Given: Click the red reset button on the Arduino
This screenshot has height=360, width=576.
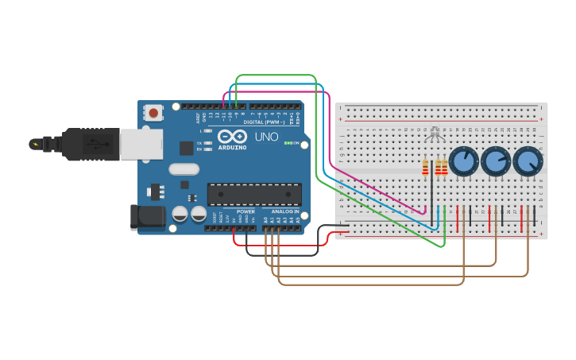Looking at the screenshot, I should (x=153, y=113).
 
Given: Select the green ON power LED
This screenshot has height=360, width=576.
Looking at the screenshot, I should (x=287, y=143).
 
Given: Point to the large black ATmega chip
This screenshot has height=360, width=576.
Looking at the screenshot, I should (x=254, y=194).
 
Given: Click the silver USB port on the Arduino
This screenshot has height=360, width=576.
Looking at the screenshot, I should (x=141, y=144).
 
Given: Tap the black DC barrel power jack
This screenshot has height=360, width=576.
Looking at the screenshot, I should (x=148, y=217).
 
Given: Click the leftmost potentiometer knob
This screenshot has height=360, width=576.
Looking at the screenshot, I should (x=462, y=161).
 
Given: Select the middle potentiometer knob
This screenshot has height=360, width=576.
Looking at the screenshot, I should (x=495, y=161).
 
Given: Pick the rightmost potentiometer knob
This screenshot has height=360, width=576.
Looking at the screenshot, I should (x=528, y=161).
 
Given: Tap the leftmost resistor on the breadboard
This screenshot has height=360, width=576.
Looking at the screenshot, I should (x=425, y=167).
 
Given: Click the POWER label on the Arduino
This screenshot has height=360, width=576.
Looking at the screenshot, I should (x=245, y=211).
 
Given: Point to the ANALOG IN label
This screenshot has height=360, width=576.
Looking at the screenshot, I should (x=286, y=211).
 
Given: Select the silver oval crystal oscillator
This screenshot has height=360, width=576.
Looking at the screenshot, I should (x=184, y=168).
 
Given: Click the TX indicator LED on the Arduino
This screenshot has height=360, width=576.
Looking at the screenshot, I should (x=209, y=143).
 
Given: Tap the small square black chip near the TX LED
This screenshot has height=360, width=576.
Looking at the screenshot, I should (x=186, y=147).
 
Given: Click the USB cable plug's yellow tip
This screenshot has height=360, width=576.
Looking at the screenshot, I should (x=34, y=144).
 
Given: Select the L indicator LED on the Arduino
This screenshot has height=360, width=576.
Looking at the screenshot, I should (x=209, y=130).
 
